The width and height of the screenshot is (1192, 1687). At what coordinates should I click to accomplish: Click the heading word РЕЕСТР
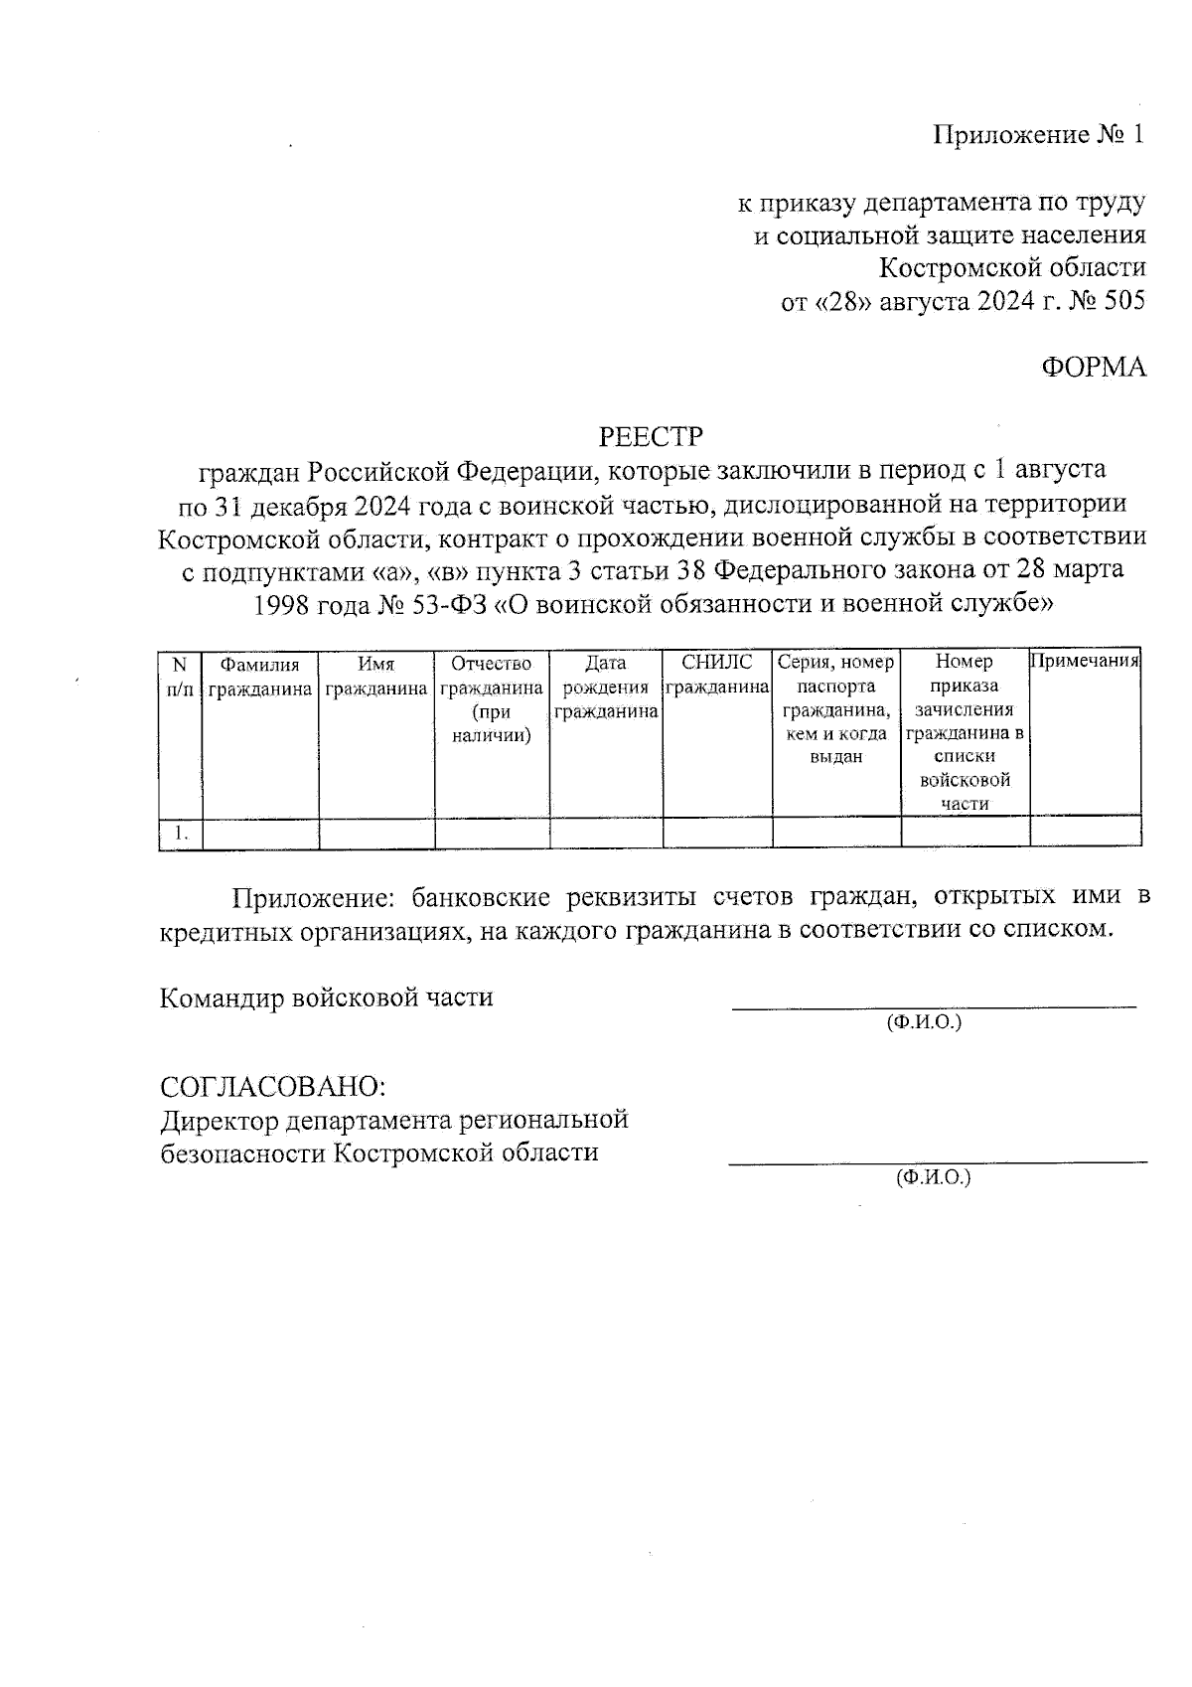651,436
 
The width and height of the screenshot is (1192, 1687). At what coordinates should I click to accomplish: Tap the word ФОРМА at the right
1094,368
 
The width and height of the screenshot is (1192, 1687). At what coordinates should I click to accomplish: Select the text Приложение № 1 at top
1039,135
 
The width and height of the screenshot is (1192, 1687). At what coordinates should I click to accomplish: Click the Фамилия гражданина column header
260,676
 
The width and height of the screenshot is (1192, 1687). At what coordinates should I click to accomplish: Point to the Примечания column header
1085,662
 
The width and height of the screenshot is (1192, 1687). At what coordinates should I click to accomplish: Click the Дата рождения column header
606,687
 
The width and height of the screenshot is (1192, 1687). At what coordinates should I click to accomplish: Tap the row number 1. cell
181,834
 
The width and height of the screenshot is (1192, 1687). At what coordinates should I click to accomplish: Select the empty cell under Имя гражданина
376,834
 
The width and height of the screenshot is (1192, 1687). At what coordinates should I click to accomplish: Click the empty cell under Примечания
1085,834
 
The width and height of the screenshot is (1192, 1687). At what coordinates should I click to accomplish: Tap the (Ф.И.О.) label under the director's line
933,1178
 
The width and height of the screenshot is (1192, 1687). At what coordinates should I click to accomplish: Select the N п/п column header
180,676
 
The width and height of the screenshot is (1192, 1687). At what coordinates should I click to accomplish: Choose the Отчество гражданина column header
492,698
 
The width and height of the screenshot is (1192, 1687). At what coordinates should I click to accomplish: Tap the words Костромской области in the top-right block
1013,267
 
